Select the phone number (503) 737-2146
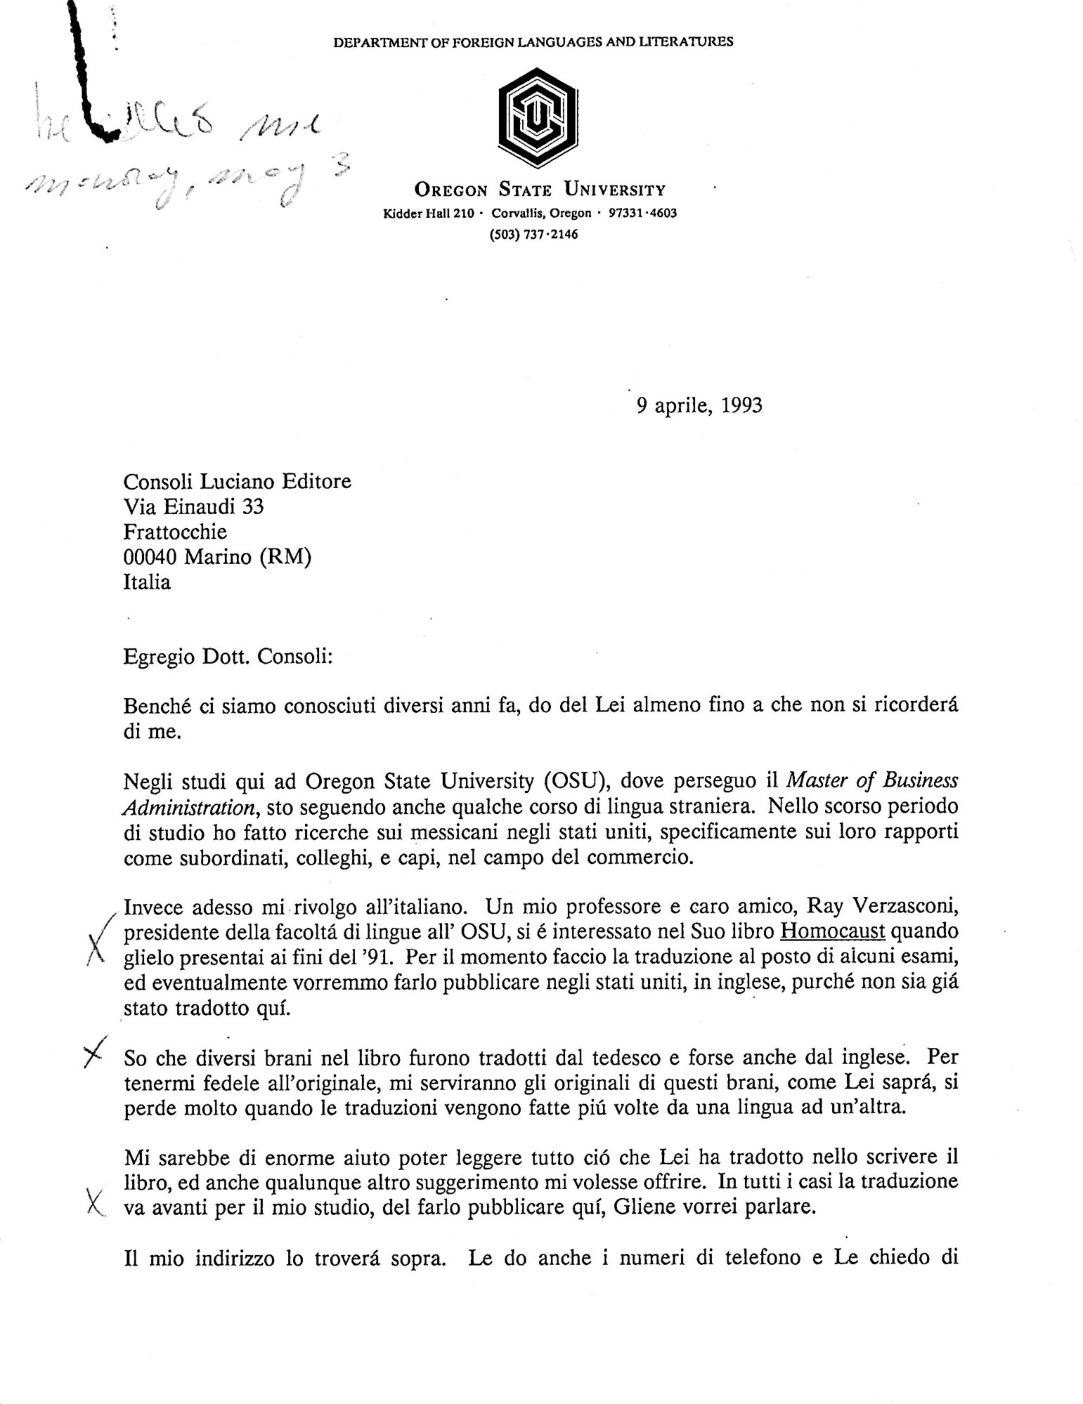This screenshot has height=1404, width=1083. tap(533, 235)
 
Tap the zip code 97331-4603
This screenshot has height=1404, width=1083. tap(643, 213)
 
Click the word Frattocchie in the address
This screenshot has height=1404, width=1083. tap(175, 532)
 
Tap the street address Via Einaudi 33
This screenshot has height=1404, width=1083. tap(193, 506)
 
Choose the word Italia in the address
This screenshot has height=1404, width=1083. tap(147, 582)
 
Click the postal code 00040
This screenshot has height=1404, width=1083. tap(150, 557)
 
